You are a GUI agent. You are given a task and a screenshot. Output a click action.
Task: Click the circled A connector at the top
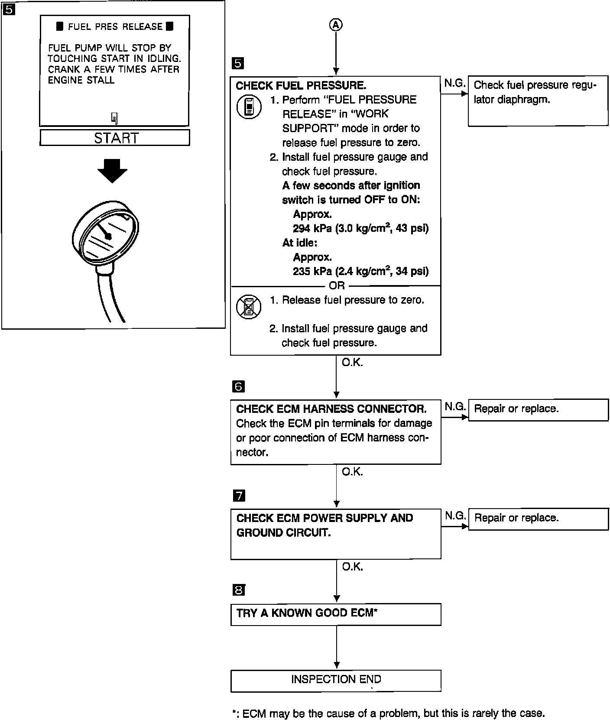point(336,25)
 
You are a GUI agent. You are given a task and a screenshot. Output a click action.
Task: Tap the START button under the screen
point(115,138)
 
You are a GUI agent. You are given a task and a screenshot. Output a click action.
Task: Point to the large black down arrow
point(112,171)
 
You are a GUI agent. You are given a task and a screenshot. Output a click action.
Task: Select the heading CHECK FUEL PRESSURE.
point(301,85)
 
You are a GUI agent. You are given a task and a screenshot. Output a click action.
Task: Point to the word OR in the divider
point(337,285)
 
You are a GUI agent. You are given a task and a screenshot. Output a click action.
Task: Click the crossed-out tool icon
point(249,307)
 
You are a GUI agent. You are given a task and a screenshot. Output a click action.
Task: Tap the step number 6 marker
point(239,386)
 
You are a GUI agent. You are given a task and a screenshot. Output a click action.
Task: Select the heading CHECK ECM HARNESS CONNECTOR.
point(331,409)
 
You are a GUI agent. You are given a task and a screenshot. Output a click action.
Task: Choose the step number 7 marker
point(239,496)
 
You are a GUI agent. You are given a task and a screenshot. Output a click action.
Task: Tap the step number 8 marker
point(239,590)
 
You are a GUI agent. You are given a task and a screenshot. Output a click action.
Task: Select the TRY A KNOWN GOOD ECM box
point(336,614)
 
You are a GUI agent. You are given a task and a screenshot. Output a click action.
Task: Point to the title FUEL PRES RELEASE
point(115,27)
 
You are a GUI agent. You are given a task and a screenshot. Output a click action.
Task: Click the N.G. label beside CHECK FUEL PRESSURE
point(454,83)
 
